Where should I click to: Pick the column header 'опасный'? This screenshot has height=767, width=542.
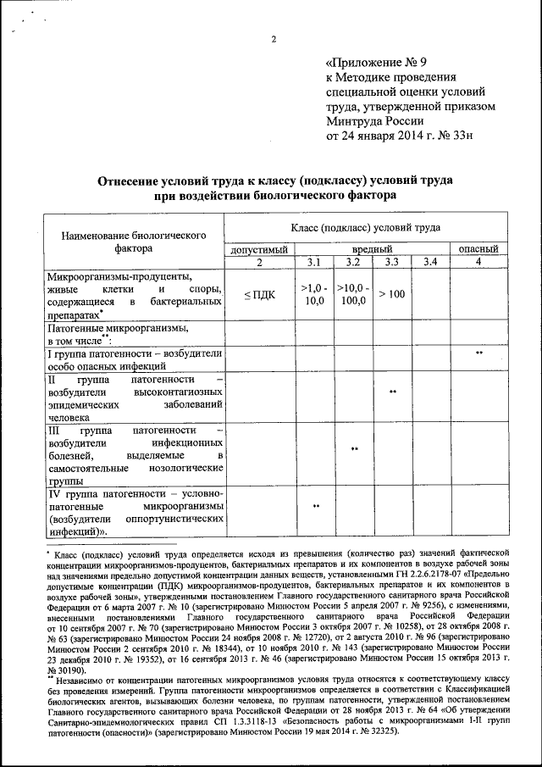478,249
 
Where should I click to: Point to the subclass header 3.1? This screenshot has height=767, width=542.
314,262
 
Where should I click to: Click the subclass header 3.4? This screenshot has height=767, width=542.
429,262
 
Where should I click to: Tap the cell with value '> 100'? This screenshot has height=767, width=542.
391,294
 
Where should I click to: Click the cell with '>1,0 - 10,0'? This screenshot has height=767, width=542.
314,294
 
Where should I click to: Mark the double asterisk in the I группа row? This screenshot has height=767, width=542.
478,352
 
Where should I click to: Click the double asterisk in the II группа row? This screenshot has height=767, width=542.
391,392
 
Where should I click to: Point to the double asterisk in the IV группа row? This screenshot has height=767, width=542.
314,506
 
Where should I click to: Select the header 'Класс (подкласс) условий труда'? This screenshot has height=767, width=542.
365,228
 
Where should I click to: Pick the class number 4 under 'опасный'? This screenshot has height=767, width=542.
478,262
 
